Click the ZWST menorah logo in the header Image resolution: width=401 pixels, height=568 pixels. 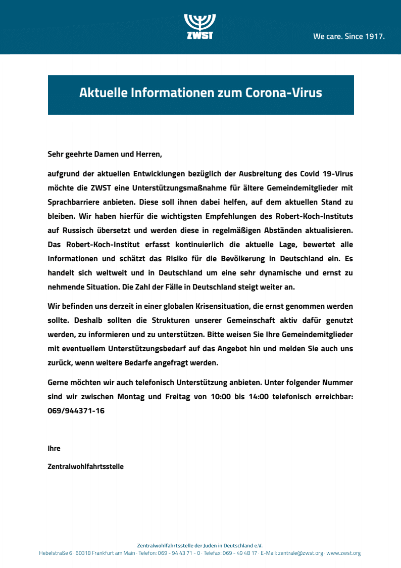pos(200,26)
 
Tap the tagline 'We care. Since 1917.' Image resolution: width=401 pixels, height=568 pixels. pos(349,36)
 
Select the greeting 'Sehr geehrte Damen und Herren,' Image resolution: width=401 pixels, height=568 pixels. pos(105,154)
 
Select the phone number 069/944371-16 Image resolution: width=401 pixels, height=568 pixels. pos(76,411)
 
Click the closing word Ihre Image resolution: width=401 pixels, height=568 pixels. pos(54,448)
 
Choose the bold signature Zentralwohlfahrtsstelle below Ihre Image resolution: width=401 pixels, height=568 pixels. pos(85,466)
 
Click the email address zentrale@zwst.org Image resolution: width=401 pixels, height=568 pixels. pos(300,553)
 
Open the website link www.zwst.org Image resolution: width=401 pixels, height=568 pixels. pos(343,553)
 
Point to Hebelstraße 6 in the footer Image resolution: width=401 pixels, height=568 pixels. pos(56,553)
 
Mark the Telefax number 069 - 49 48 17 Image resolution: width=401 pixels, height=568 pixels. pos(240,553)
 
